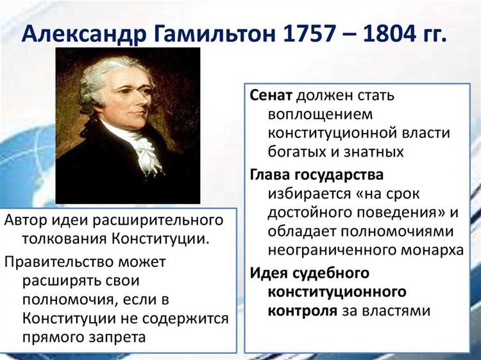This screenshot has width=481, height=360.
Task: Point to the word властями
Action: click(395, 311)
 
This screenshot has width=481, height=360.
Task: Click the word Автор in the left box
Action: click(23, 220)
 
